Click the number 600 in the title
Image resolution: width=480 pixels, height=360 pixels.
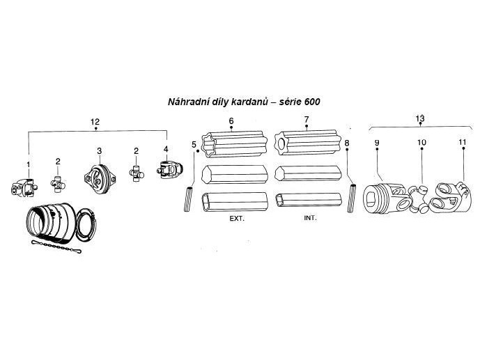(312, 102)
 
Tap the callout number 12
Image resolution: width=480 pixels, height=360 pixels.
(95, 122)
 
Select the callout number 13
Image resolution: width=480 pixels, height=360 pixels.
(420, 118)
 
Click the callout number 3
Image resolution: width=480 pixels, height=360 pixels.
(99, 151)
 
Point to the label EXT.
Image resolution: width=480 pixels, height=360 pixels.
(237, 219)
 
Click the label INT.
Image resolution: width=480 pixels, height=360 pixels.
(310, 218)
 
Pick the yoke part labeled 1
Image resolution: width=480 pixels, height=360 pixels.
(24, 187)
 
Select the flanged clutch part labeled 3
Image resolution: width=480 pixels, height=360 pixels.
(100, 179)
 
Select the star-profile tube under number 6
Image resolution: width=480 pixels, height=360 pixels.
(234, 143)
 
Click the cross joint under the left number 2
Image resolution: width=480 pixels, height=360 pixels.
(58, 184)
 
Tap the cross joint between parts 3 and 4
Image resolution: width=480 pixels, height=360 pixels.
(137, 173)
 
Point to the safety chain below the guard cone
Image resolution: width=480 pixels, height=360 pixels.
(56, 246)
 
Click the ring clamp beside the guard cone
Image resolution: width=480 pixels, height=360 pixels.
(86, 226)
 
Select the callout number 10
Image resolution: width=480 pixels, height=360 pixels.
(421, 143)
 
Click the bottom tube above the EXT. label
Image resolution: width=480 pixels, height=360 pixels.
(235, 202)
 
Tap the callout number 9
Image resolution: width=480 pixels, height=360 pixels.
(377, 143)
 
